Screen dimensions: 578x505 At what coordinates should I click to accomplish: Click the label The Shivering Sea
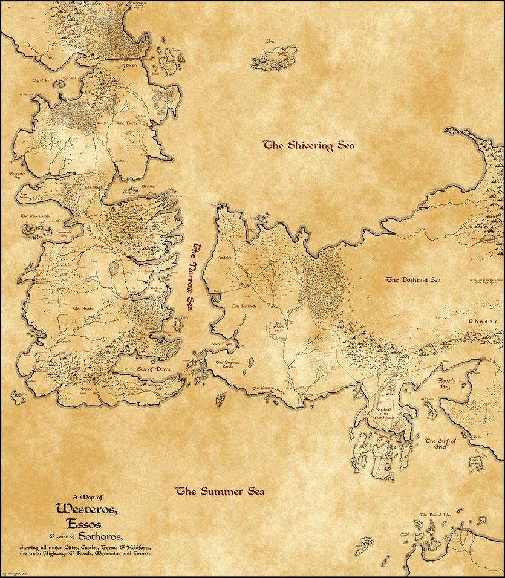(308, 145)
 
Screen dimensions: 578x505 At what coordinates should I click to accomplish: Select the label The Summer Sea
(220, 492)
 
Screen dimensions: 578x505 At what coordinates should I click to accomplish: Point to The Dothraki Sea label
(414, 280)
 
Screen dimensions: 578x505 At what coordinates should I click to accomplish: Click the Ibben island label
(270, 42)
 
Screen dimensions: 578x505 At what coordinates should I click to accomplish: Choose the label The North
(128, 123)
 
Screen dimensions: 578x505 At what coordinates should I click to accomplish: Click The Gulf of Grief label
(440, 444)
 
